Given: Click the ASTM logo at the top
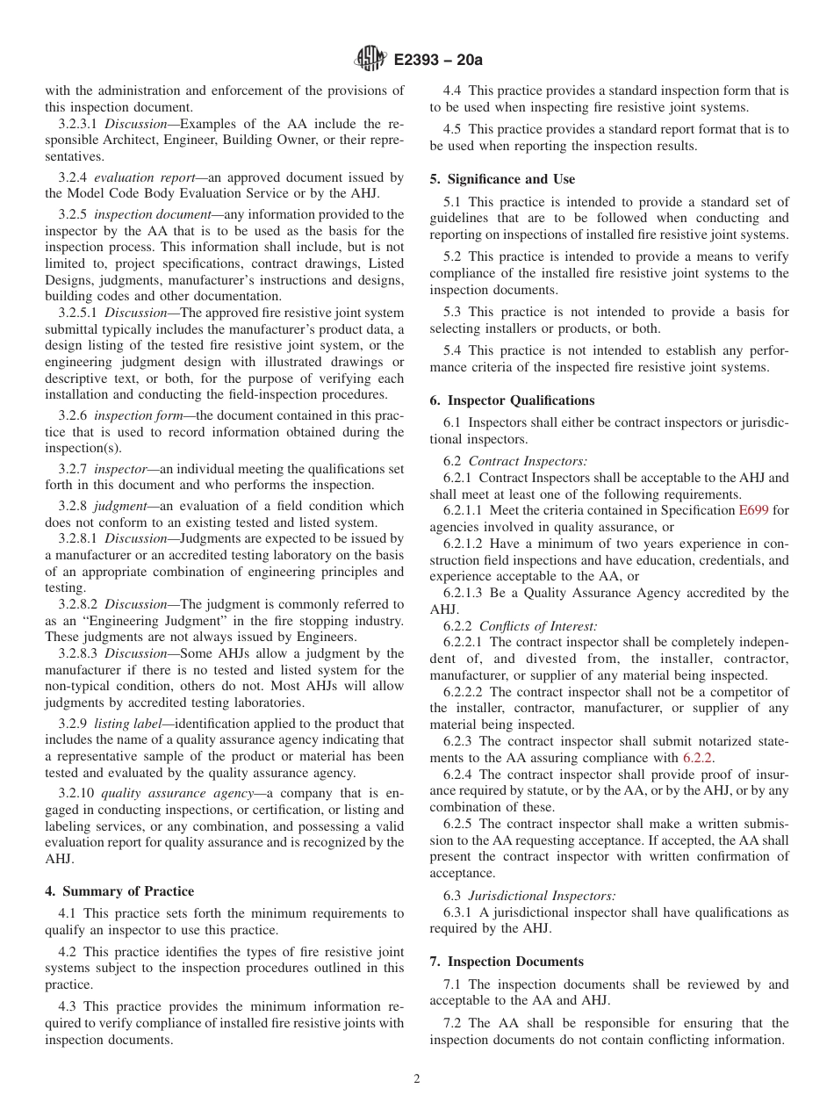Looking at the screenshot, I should tap(370, 60).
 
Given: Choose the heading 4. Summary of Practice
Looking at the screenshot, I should tap(119, 891).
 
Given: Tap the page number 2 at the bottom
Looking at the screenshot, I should tap(417, 1079).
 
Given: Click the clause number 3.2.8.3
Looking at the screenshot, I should tap(79, 653).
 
